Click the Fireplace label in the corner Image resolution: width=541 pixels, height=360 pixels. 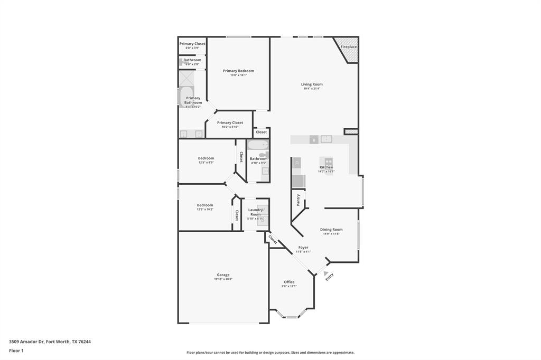tap(348, 47)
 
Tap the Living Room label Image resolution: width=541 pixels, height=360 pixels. tap(312, 84)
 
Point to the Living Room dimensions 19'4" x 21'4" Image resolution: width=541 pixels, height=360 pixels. tap(312, 89)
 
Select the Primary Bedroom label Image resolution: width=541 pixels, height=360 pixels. tap(238, 71)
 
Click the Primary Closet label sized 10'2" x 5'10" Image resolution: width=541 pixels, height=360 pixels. tap(230, 122)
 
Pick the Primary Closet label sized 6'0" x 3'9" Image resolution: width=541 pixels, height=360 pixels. tap(192, 44)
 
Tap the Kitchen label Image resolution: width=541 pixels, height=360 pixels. tap(326, 167)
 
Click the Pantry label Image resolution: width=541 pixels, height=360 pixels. tap(299, 200)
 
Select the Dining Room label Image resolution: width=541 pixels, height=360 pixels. tap(331, 230)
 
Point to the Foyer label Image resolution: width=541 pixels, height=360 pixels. tap(303, 248)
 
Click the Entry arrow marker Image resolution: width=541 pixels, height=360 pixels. tap(326, 273)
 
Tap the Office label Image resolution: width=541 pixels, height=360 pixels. tap(289, 282)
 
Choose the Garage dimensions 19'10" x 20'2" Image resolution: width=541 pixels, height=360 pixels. tap(223, 279)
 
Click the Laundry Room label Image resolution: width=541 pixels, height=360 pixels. tap(256, 212)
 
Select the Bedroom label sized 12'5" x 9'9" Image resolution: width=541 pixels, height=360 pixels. tap(206, 158)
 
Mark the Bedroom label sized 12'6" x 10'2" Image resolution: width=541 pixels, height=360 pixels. tap(205, 205)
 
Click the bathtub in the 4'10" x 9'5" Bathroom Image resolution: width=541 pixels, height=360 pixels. tap(258, 145)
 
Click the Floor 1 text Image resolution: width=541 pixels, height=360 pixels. tap(16, 350)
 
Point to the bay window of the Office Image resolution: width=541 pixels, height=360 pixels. tap(290, 317)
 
